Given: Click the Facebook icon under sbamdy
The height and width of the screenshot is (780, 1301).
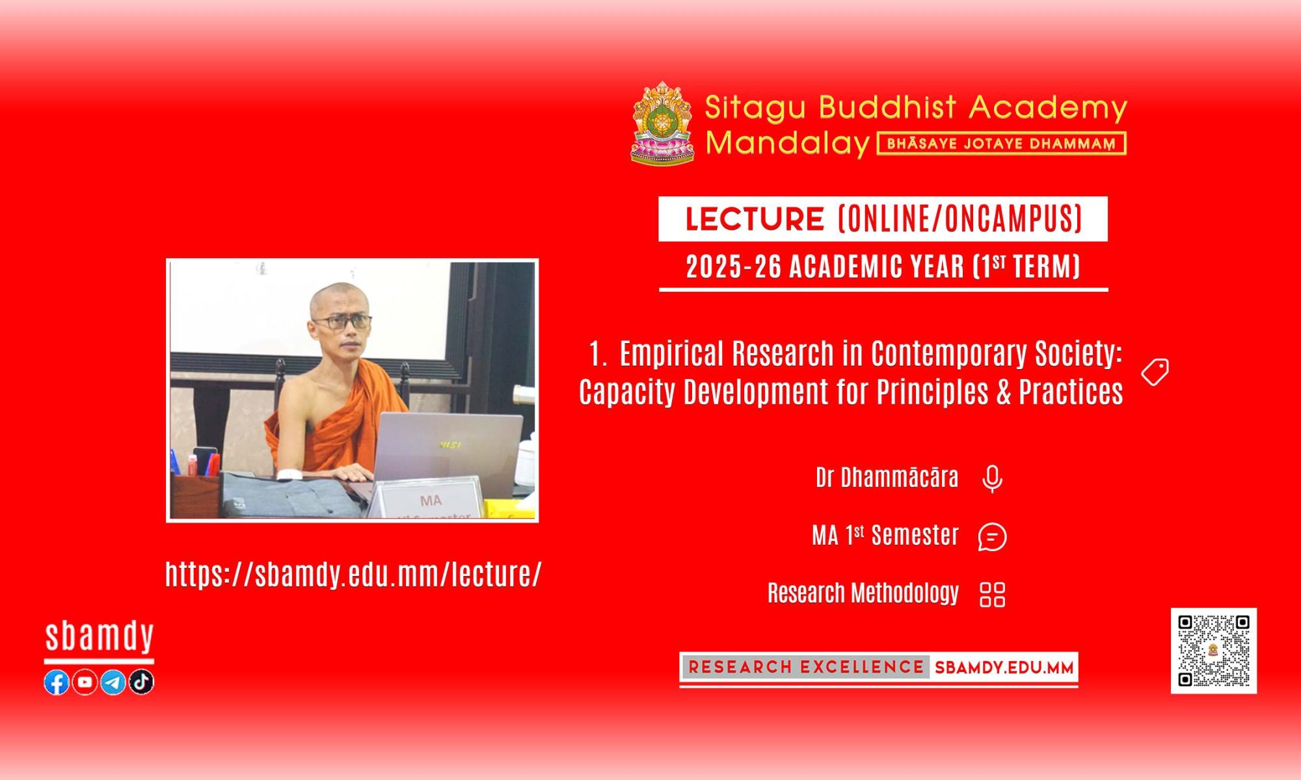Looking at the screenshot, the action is coord(57,682).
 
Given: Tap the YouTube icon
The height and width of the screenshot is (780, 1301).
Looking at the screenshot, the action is coord(85,682).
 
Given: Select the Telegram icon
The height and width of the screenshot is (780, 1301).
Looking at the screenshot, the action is coord(113,682).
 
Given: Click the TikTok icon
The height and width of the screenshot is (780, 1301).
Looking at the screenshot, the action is coord(141,682).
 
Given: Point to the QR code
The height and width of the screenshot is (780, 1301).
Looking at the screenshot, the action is coord(1214,651).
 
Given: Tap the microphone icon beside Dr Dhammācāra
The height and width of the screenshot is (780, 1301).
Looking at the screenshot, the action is coord(992,479).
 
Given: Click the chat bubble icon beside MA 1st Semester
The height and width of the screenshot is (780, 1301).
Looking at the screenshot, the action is coord(993,537).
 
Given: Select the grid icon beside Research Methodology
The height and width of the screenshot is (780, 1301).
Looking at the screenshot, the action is coord(993,594).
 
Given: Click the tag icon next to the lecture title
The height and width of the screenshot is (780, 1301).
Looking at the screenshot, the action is coord(1155,372).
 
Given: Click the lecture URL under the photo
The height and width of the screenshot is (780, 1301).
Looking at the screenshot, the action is coord(353,575).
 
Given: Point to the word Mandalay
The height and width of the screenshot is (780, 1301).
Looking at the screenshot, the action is coord(787,143).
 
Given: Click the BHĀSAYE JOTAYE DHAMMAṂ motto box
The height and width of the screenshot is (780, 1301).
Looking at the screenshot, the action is coord(1002,144).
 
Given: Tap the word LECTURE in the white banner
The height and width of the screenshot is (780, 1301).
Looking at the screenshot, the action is coord(755,219).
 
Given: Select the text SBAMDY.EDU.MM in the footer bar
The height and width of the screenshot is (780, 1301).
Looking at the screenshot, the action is coord(1004,668).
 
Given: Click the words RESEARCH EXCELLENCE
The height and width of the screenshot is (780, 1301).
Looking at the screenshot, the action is coord(806,667).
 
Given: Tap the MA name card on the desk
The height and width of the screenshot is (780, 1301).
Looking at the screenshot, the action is coord(431,499).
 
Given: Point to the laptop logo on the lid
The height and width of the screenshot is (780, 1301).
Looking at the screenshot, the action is coord(450,445).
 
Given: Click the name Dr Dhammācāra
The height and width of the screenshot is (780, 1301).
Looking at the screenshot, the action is coord(887,478).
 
